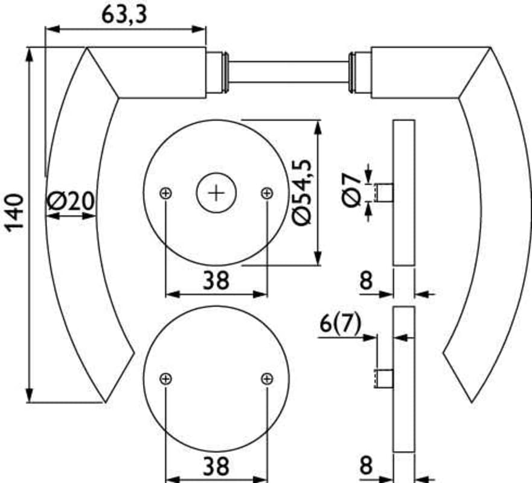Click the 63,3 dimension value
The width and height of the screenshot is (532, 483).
tap(124, 15)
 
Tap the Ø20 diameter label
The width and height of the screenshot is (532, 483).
tap(70, 201)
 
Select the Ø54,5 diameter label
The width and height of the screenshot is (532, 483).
tap(301, 192)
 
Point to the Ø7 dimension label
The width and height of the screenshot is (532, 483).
tap(351, 190)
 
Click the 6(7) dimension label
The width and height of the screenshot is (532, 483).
tap(341, 324)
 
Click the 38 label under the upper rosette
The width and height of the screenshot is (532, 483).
tap(216, 281)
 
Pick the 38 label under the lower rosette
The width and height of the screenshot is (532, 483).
tap(216, 465)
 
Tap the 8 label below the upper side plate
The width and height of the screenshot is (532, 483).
tap(366, 281)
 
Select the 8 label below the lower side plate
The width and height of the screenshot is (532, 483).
tap(366, 465)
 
